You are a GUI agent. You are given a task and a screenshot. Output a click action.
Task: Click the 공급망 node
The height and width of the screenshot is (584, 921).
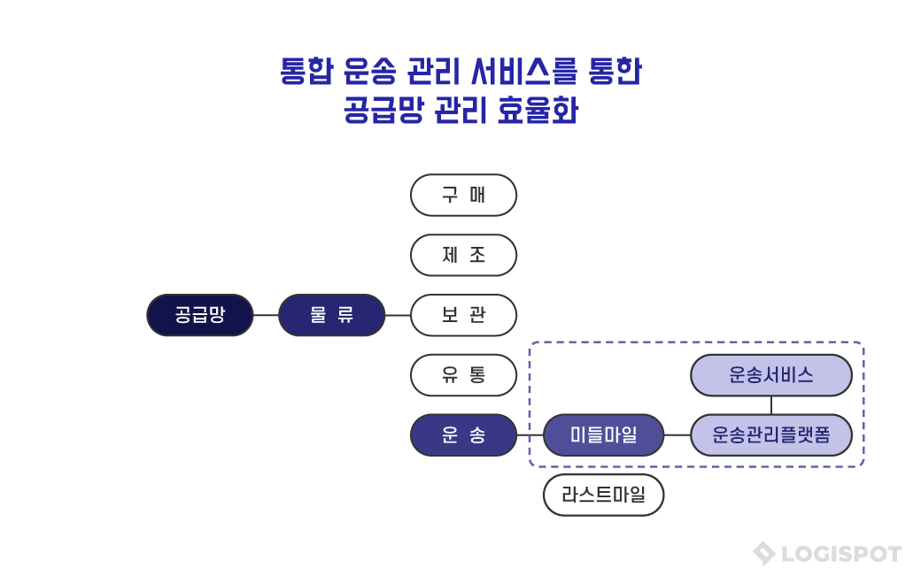tap(199, 315)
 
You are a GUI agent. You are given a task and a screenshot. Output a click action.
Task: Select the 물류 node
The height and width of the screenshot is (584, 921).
tap(331, 315)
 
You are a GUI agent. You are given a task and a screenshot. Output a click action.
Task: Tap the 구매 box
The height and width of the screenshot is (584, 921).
tap(463, 195)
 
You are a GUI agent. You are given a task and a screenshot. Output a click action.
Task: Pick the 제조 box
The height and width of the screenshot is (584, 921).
tap(463, 255)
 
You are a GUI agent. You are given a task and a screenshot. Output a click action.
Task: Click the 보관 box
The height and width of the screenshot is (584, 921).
tap(463, 315)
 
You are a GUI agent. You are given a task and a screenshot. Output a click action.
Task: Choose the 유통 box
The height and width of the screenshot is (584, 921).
tap(463, 375)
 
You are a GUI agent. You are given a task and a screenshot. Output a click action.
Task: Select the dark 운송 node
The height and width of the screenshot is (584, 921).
tap(463, 435)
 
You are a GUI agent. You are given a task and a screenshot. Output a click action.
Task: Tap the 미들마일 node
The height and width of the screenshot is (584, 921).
tap(603, 435)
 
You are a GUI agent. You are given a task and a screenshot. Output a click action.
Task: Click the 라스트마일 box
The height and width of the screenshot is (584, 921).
tap(603, 496)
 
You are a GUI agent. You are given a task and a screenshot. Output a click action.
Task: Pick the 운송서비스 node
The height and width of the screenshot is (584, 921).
tap(770, 375)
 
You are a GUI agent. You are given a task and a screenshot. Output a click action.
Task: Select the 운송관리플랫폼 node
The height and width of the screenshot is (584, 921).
tap(770, 435)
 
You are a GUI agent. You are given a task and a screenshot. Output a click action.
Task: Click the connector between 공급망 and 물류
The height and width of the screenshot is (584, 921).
tap(266, 315)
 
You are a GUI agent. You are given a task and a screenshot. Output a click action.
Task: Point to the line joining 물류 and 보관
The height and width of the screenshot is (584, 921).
tap(398, 315)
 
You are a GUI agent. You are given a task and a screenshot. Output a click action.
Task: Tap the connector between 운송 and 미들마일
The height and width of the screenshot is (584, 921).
tap(530, 435)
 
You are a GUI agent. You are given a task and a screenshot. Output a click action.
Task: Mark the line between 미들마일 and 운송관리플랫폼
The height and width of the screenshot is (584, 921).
tap(677, 435)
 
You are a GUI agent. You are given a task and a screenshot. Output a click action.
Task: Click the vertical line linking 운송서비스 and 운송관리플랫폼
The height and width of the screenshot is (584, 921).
tap(771, 405)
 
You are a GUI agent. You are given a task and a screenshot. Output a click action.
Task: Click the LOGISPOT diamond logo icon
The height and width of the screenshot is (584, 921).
tap(763, 554)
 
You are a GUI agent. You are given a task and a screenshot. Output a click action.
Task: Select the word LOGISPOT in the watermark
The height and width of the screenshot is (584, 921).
tap(841, 555)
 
